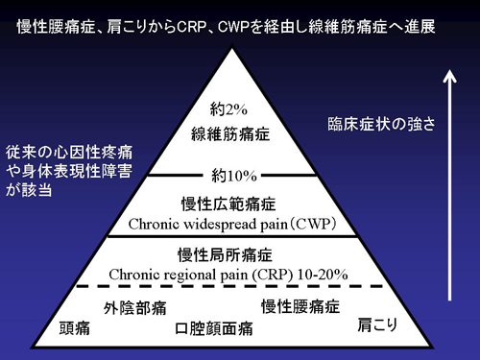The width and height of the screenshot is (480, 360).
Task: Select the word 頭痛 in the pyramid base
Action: pyautogui.click(x=76, y=328)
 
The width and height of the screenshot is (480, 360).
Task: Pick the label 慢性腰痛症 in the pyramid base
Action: pyautogui.click(x=300, y=307)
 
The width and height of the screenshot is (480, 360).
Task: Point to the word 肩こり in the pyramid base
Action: pyautogui.click(x=378, y=323)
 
